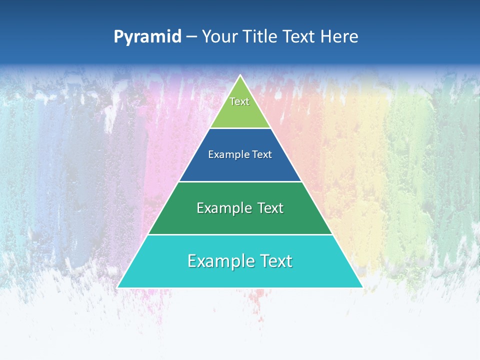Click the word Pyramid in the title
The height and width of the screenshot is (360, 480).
tap(147, 37)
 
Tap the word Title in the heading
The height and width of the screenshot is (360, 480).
tap(261, 37)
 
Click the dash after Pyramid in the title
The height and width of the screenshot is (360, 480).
tap(191, 37)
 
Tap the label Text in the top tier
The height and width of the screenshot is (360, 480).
tap(239, 101)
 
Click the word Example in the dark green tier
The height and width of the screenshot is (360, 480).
tap(220, 208)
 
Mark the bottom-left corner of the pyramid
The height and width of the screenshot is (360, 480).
tap(118, 287)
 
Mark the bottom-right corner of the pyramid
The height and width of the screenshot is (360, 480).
tap(362, 287)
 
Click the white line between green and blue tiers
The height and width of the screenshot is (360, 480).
tap(240, 128)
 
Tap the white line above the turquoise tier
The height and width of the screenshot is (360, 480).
tap(240, 234)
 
